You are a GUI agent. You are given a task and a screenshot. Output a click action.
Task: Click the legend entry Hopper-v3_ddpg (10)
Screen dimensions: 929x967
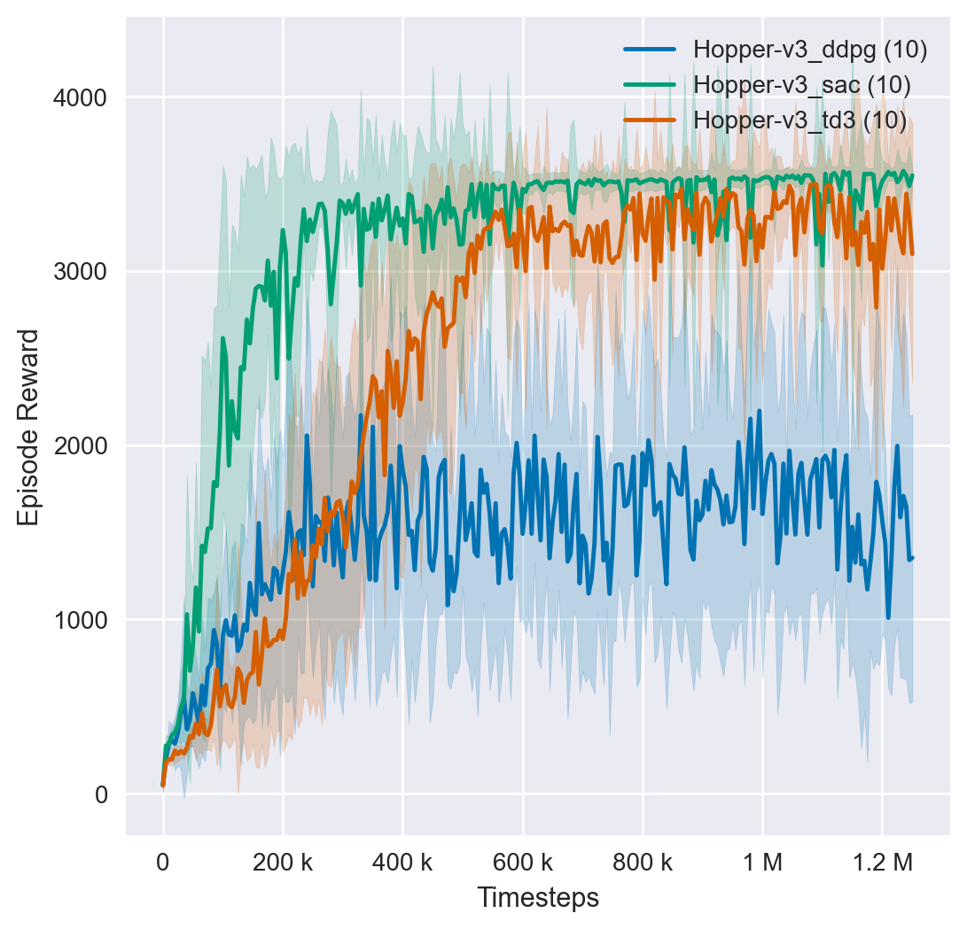(x=810, y=50)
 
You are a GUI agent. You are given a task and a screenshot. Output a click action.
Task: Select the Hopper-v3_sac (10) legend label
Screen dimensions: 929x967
(x=801, y=85)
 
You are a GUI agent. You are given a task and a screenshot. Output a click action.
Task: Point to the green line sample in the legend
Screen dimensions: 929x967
(x=650, y=85)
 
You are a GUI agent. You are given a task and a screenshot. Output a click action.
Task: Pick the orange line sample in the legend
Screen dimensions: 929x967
(x=650, y=120)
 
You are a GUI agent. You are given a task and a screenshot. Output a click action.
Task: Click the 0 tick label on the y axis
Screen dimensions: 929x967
(x=100, y=794)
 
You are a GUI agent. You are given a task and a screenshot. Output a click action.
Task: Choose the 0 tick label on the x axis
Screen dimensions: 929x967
(x=163, y=862)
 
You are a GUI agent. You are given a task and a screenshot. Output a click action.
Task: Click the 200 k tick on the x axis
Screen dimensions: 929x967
(x=283, y=862)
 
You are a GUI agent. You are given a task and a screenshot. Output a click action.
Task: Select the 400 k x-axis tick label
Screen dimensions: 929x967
(x=402, y=862)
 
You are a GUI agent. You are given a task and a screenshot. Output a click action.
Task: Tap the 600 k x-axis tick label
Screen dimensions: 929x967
(x=522, y=862)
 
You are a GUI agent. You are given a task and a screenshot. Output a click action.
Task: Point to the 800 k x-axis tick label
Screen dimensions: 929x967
(x=642, y=862)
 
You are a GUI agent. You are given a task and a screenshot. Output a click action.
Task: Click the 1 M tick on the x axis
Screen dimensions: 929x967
(x=762, y=862)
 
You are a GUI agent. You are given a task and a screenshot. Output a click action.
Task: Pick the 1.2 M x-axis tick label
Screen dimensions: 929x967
(x=882, y=862)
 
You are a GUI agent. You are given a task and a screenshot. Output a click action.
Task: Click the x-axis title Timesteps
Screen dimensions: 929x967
(x=538, y=897)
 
